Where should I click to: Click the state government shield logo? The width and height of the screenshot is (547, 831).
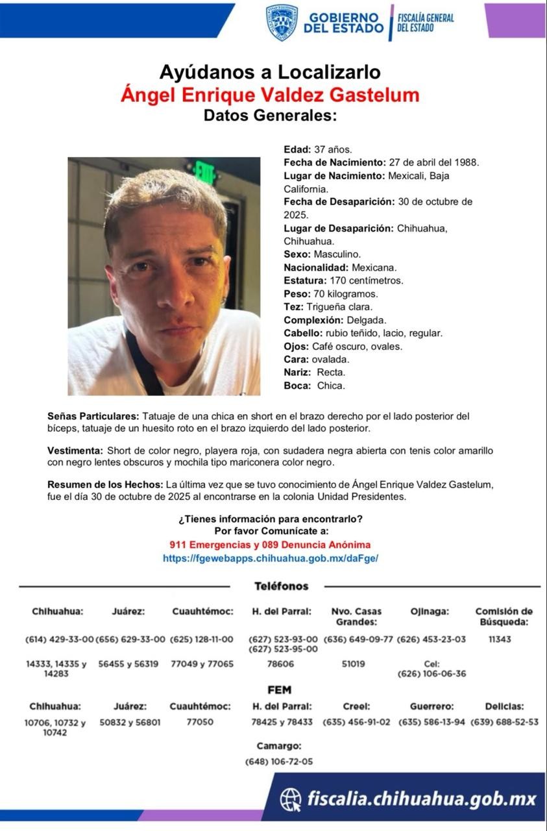point(282,22)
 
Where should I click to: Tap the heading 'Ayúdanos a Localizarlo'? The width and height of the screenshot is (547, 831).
point(269,71)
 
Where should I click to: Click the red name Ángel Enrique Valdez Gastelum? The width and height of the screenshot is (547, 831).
point(270,95)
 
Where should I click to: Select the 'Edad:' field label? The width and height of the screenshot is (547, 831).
point(297,149)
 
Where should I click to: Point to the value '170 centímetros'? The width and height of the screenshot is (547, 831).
point(369,280)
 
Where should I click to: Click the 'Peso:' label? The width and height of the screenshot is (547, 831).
point(297,293)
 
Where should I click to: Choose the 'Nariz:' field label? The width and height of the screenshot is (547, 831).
point(298,372)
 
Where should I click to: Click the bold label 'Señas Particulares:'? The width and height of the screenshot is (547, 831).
point(93,415)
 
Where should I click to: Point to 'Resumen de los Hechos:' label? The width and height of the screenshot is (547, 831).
point(106,484)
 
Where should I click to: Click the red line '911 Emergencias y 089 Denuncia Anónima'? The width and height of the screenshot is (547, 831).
point(270,545)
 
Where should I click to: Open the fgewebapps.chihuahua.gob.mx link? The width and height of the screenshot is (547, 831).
point(270,558)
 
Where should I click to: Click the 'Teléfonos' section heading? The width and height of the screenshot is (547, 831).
point(281,586)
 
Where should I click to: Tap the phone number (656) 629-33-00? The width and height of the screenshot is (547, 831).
point(130,639)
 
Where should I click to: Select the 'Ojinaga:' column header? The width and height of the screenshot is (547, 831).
point(430,612)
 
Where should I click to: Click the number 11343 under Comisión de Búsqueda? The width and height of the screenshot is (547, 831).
point(500,639)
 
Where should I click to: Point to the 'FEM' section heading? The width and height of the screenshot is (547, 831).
point(279,689)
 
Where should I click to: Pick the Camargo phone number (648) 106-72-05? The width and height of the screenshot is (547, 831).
point(279,762)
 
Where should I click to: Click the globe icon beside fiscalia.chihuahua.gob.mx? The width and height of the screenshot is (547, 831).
point(291,799)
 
